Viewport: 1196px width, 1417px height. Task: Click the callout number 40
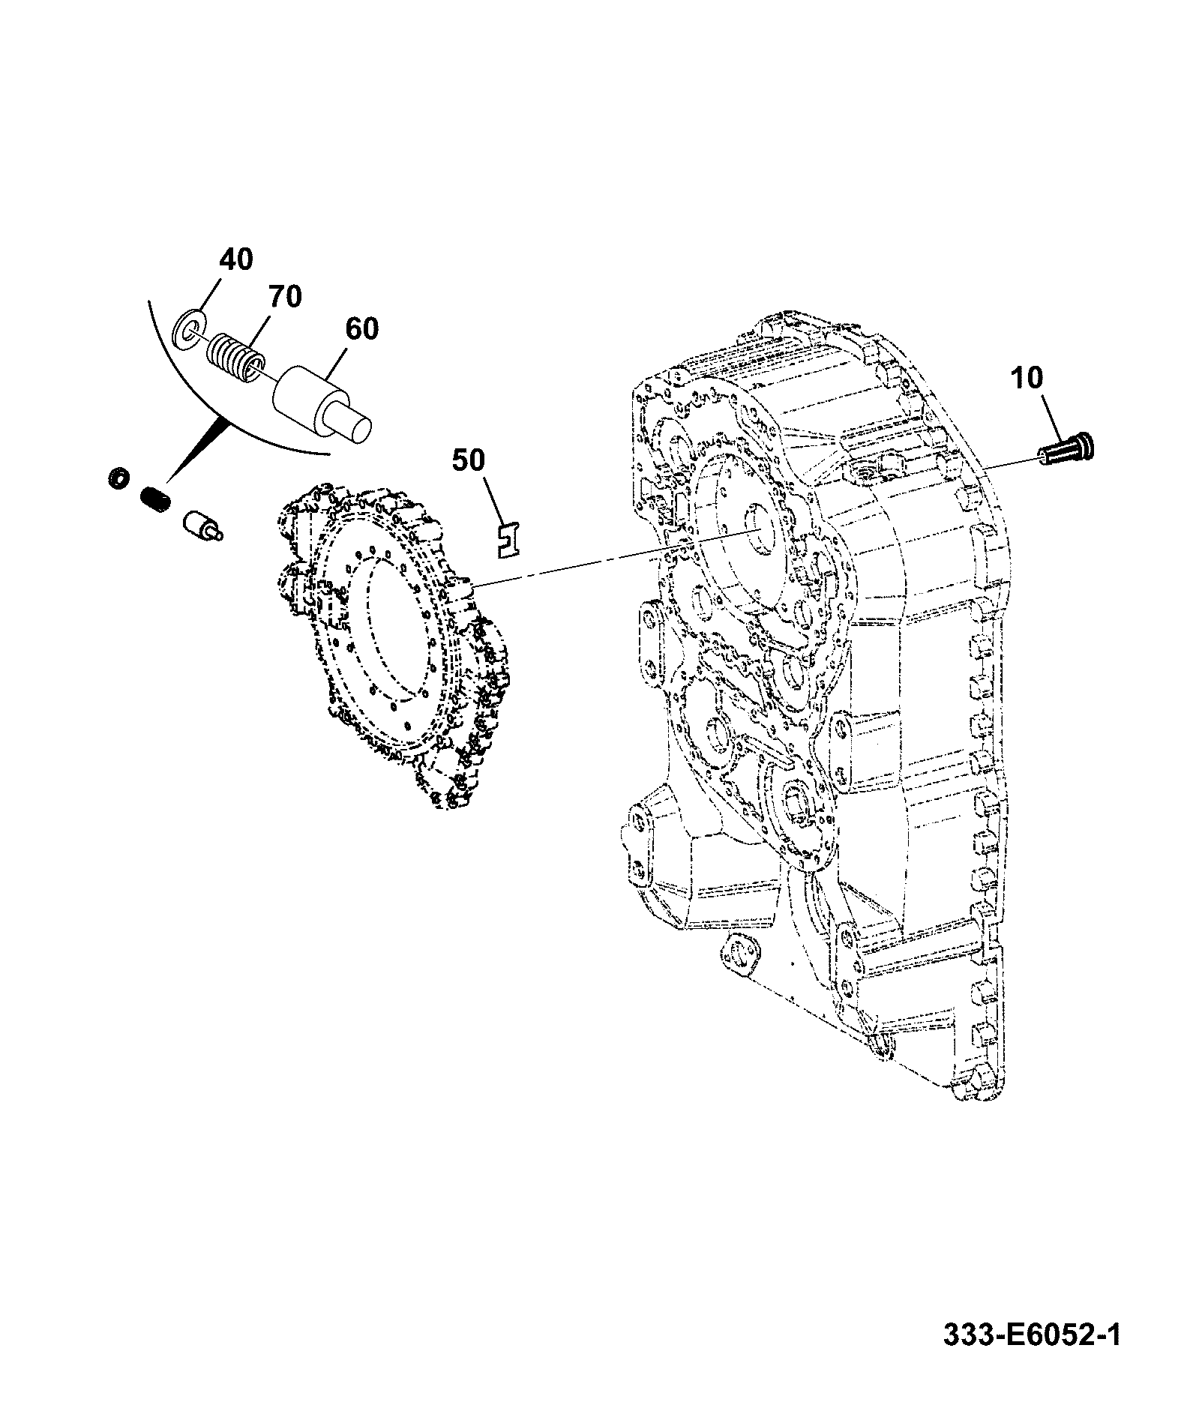click(236, 259)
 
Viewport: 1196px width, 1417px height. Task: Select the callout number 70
click(284, 297)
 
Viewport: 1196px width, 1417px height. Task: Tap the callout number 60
click(361, 328)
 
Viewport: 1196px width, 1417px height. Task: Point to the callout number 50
click(468, 460)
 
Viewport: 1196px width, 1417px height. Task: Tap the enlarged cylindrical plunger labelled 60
click(321, 402)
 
